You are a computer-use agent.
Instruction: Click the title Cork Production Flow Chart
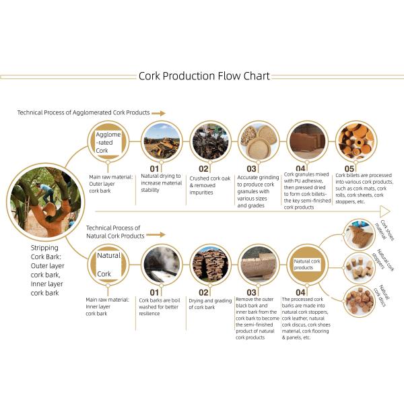click(204, 76)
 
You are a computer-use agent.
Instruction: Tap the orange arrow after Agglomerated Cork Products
click(158, 113)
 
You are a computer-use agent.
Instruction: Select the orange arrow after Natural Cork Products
click(156, 235)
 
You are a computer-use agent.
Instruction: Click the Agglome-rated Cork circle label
click(108, 142)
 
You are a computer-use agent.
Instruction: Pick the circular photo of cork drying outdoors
click(162, 141)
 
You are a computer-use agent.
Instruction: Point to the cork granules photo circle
click(259, 141)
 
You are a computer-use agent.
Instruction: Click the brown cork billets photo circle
click(308, 141)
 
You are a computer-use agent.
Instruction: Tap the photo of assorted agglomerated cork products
click(356, 141)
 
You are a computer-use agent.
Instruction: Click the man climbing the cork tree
click(46, 193)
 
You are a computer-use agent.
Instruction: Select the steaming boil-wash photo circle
click(162, 265)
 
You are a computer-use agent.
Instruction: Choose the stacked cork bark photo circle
click(210, 265)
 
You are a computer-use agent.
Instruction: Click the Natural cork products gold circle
click(308, 265)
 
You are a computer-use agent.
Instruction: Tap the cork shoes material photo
click(360, 235)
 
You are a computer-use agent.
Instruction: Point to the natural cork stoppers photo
click(360, 268)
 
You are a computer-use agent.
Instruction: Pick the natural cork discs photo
click(360, 301)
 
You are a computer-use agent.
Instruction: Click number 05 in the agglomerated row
click(349, 169)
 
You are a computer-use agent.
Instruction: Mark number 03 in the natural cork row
click(251, 292)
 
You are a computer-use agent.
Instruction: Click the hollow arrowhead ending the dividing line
click(385, 211)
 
